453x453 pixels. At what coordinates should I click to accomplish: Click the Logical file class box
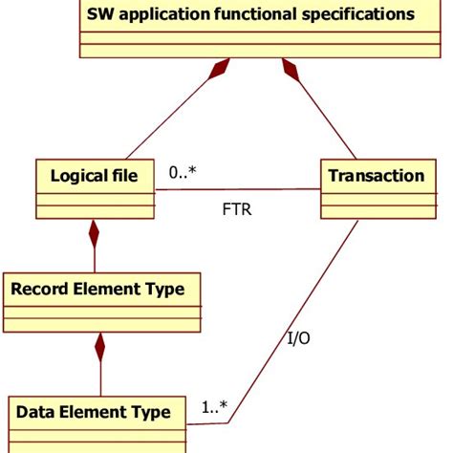click(94, 189)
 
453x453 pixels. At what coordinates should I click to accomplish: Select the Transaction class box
click(376, 189)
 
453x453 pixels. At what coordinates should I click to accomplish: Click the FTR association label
click(236, 208)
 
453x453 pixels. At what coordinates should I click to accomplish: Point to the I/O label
click(299, 337)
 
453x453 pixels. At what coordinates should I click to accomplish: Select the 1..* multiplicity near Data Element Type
click(214, 408)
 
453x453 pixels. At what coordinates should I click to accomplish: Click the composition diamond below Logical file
click(94, 234)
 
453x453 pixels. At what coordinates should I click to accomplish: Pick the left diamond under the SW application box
click(222, 70)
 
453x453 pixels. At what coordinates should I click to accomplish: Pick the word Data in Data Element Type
click(36, 413)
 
